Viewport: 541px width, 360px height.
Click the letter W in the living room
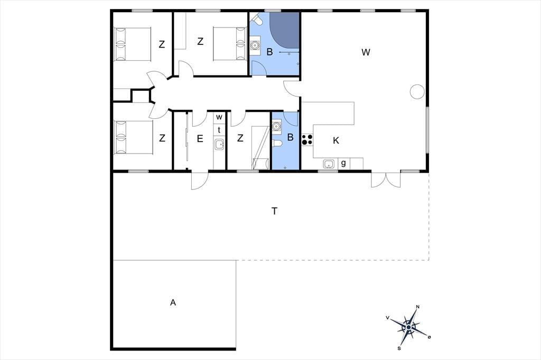tap(366, 52)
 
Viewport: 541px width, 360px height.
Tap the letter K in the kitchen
tap(336, 141)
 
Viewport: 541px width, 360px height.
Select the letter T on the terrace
tap(274, 211)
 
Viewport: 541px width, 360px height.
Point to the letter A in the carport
tap(173, 302)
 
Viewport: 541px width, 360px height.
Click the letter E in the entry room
tap(200, 139)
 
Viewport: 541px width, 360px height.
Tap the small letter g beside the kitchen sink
tap(343, 164)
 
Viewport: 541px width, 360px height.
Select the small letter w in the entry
tap(219, 117)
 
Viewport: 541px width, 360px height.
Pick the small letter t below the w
tap(219, 130)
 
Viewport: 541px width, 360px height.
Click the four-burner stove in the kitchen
tap(307, 140)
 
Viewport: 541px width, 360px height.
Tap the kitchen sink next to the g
tap(329, 164)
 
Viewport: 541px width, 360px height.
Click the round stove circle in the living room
tap(417, 92)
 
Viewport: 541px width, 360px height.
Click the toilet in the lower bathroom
tap(277, 143)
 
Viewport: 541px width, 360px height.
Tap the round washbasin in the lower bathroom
tap(276, 127)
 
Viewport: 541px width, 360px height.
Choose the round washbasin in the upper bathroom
tap(255, 45)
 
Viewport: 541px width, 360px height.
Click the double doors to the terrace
tap(386, 179)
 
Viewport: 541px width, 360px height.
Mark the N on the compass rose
tap(418, 307)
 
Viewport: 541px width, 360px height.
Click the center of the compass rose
tap(409, 327)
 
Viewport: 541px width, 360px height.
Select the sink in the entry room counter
tap(219, 144)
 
